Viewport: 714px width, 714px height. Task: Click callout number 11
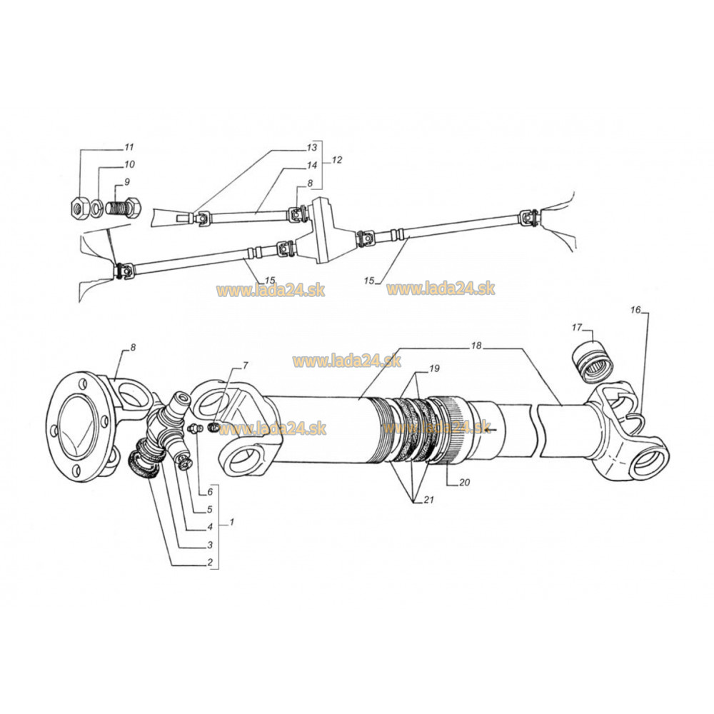point(129,148)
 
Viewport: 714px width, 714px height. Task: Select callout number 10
point(130,165)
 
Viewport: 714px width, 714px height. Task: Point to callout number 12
point(336,160)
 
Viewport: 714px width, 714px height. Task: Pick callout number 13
point(311,148)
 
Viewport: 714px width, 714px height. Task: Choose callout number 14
point(311,165)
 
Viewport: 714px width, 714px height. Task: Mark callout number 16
point(636,310)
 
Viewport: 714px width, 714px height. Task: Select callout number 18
point(476,346)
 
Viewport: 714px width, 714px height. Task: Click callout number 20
point(464,482)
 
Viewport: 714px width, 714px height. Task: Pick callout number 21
point(429,500)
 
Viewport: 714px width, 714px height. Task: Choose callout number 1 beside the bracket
point(230,523)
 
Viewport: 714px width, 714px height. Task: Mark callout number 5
point(211,510)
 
